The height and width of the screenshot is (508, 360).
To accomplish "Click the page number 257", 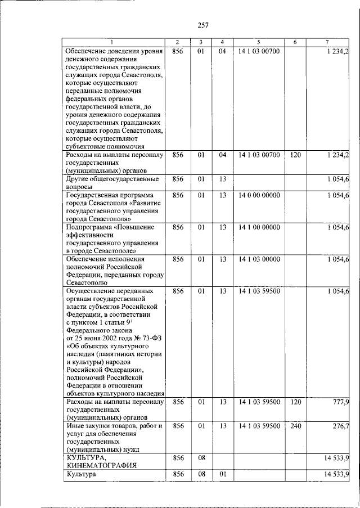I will pyautogui.click(x=203, y=24).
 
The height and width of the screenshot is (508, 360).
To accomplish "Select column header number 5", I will pyautogui.click(x=259, y=43).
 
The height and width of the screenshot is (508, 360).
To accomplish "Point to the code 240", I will pyautogui.click(x=295, y=426).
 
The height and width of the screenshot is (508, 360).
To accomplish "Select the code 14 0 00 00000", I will pyautogui.click(x=259, y=195).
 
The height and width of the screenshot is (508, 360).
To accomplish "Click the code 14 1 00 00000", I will pyautogui.click(x=259, y=227).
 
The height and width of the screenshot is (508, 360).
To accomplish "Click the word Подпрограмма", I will pyautogui.click(x=90, y=227).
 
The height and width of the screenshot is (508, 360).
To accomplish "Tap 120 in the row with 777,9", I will pyautogui.click(x=295, y=402).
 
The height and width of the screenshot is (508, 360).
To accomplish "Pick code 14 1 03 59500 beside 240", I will pyautogui.click(x=259, y=426).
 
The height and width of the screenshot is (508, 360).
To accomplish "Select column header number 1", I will pyautogui.click(x=112, y=43).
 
